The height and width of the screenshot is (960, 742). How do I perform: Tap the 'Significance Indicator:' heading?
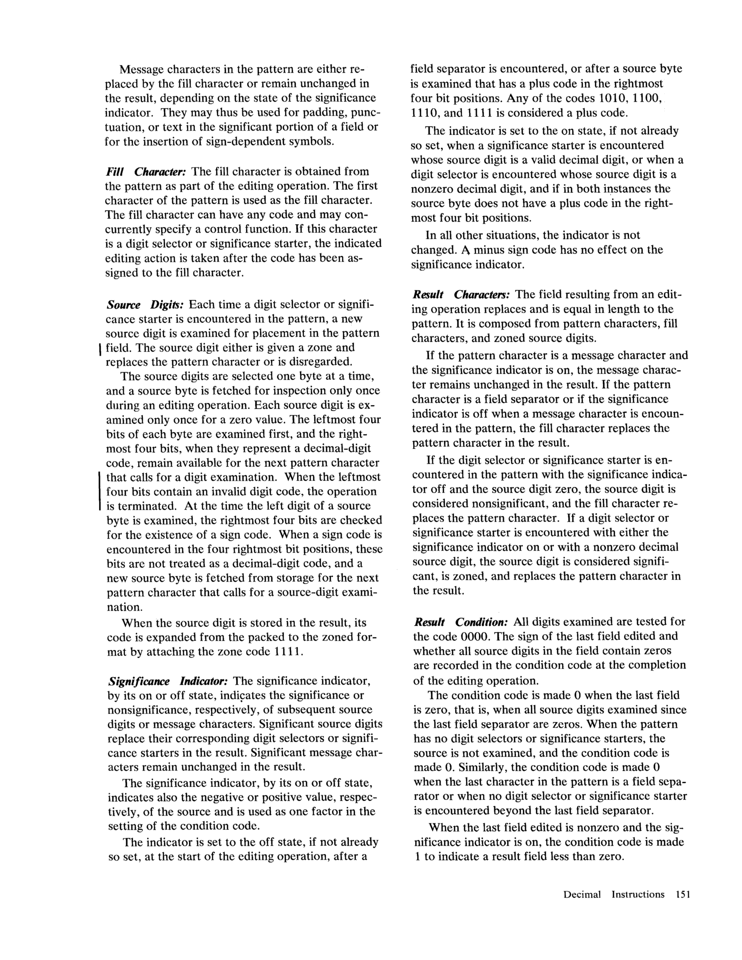click(x=168, y=681)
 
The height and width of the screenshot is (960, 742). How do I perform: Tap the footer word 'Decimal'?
click(x=582, y=894)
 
